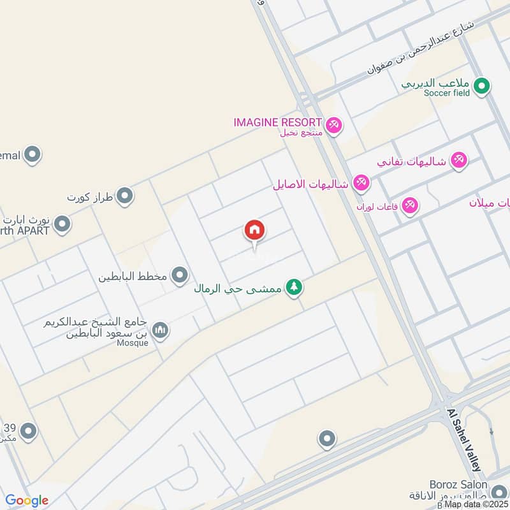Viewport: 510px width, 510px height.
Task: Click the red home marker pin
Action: [254, 231]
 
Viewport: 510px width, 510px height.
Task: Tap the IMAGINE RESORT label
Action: [277, 122]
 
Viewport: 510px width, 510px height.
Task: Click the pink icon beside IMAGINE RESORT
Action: [333, 126]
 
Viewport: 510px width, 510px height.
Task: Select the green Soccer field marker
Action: [482, 85]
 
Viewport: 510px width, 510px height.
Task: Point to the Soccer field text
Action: [448, 93]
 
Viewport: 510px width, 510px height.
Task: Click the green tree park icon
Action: [293, 288]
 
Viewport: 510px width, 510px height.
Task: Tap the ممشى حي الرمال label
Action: [238, 288]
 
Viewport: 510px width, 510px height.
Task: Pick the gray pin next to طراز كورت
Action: [125, 196]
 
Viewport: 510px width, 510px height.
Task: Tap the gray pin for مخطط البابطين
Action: [180, 276]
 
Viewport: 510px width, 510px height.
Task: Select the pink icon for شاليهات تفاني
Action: [458, 161]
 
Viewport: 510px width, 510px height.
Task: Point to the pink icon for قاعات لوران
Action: [409, 206]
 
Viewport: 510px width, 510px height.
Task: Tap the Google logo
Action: [27, 500]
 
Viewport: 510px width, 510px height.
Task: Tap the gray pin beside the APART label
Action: [62, 224]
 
